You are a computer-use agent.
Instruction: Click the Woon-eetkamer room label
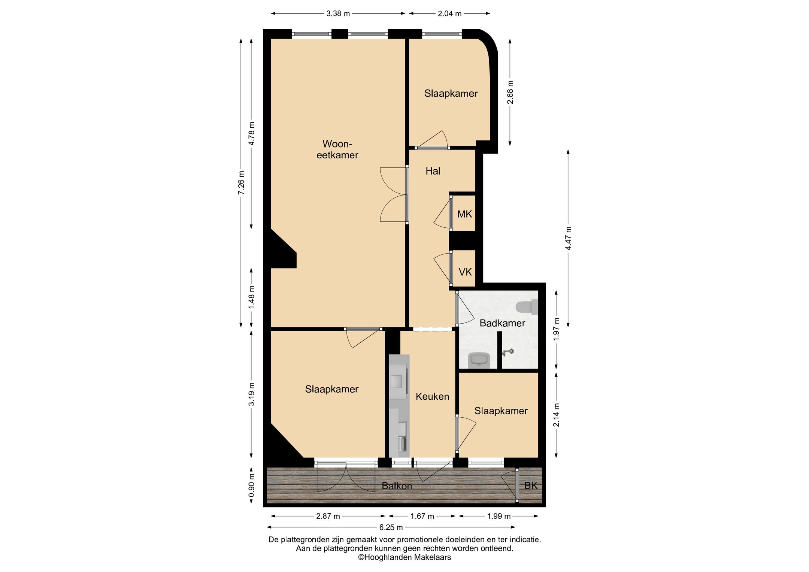coord(337,149)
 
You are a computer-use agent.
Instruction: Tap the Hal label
coord(433,171)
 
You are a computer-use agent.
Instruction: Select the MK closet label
coord(464,214)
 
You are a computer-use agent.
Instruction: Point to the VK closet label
coord(465,272)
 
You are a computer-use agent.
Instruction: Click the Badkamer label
coord(502,323)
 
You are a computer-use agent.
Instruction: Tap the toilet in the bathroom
coord(527,307)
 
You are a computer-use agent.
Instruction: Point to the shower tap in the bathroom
coord(507,352)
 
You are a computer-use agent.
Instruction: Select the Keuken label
coord(432,397)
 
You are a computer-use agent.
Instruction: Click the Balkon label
coord(397,486)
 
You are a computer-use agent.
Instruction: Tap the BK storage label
coord(531,486)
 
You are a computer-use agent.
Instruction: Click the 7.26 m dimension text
coord(241,183)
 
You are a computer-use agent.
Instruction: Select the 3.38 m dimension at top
coord(338,14)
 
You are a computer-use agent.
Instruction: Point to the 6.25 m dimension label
coord(391,527)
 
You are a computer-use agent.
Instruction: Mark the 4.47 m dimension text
coord(568,239)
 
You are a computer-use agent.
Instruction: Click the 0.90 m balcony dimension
coord(251,485)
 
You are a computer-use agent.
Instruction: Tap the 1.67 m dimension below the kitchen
coord(422,516)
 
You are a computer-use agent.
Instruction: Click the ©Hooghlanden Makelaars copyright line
coord(404,557)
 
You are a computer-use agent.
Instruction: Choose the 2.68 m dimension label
coord(510,93)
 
